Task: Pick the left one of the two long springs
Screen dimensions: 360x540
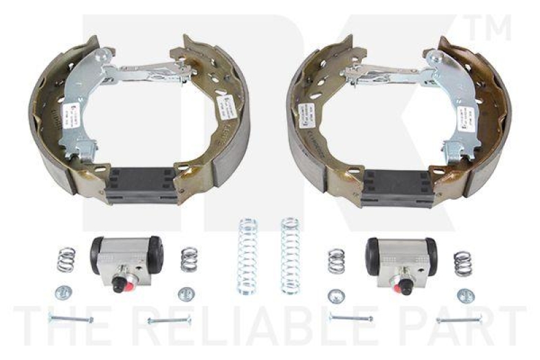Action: coord(248,257)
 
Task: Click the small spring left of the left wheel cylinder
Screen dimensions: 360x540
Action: coord(65,259)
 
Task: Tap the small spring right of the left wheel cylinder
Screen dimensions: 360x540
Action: coord(190,259)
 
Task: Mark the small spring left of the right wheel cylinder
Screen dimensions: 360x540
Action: coord(336,261)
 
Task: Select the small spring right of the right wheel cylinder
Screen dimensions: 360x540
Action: coord(463,263)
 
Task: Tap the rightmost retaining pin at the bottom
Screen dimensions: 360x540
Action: coord(458,319)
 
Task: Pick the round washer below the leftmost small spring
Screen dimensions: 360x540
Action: coord(63,292)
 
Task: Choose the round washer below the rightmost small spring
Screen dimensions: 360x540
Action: coord(465,295)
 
